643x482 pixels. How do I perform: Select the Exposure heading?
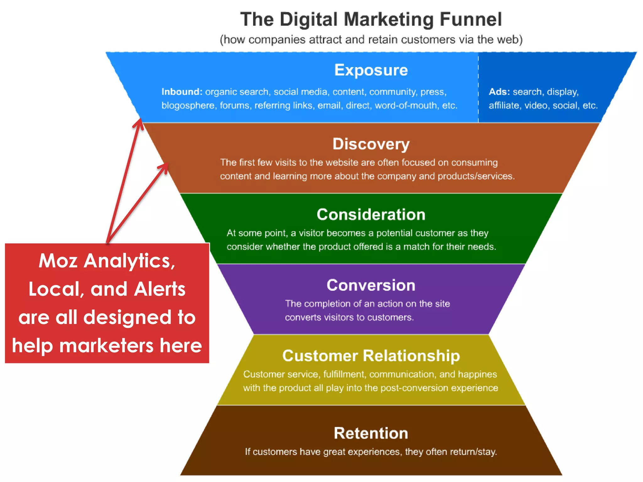371,70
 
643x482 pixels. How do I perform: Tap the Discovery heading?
371,144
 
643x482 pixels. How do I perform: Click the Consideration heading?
371,215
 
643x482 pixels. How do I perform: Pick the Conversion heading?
371,285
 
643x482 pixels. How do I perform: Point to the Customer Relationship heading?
371,356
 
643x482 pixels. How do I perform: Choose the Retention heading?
371,433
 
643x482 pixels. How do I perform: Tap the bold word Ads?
499,92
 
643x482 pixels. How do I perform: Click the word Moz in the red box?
58,261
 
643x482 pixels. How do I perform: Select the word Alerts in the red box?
159,289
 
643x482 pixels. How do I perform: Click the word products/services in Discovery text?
475,176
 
